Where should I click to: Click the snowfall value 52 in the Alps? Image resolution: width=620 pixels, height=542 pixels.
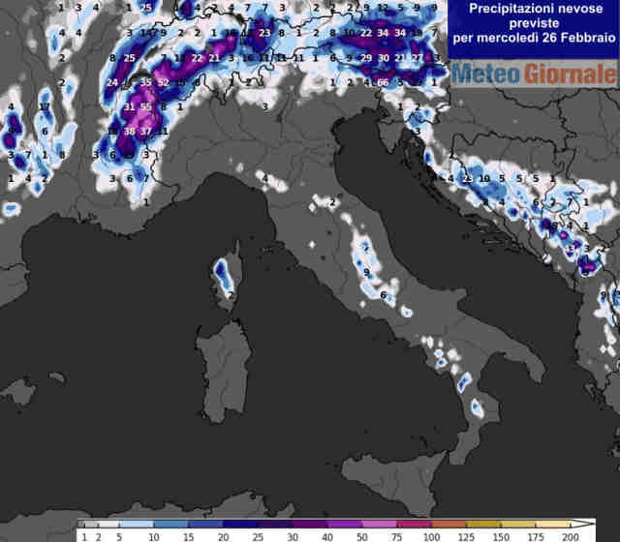[x=163, y=83]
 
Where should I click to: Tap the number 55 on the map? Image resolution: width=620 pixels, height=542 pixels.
[x=146, y=106]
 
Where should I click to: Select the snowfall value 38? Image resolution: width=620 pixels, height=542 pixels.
[x=129, y=131]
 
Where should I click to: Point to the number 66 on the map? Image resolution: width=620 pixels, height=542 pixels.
[x=383, y=83]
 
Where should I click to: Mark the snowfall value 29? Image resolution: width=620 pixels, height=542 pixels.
[x=366, y=58]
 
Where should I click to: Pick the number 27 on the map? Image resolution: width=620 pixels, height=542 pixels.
[x=417, y=58]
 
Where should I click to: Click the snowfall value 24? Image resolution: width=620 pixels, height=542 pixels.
[x=112, y=83]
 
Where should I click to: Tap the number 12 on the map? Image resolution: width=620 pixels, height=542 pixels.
[x=383, y=8]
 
